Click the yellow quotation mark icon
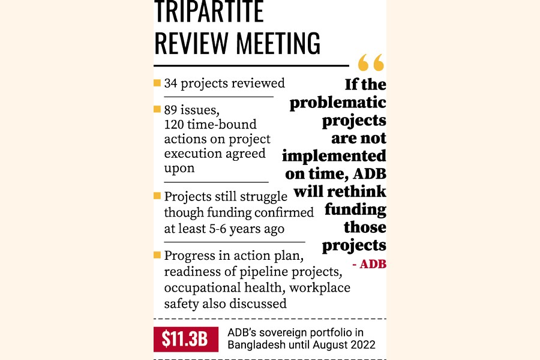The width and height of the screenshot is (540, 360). pos(371,62)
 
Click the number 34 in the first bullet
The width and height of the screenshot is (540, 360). pos(171,83)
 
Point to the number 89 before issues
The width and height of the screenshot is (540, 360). pos(172,110)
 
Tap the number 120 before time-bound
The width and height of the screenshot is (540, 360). pos(175,125)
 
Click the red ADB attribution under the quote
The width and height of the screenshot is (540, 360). pos(372,264)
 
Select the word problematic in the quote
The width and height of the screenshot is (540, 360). pos(338,103)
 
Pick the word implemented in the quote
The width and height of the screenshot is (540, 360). pos(334,156)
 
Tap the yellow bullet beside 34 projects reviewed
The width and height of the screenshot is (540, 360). pos(157,83)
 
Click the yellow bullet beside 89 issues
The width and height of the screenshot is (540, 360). pos(157,110)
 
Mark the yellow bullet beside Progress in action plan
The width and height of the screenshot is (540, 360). pos(157,256)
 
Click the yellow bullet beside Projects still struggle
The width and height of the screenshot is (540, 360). pos(157,196)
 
